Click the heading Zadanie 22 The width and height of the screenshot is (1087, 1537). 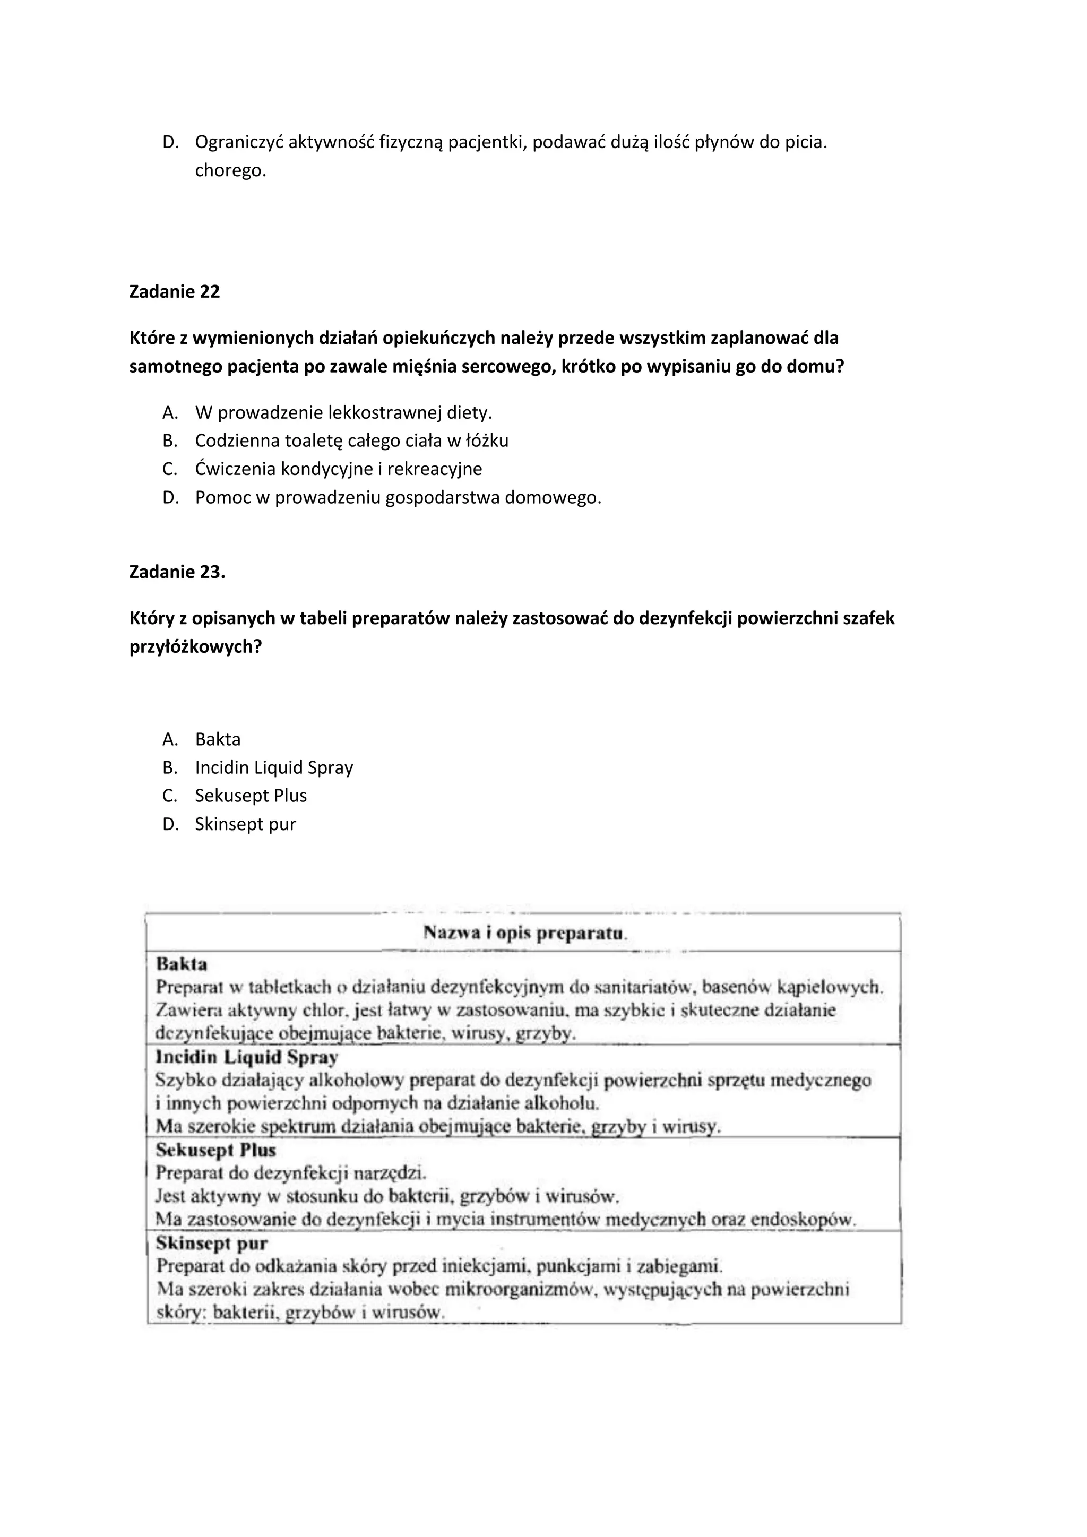(174, 292)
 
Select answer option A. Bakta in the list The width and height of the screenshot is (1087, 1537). (218, 739)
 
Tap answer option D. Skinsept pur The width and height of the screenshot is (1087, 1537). (245, 824)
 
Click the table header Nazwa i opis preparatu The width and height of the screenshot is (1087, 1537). (524, 932)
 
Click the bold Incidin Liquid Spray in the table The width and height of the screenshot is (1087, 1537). (246, 1057)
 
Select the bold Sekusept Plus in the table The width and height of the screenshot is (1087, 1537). (215, 1150)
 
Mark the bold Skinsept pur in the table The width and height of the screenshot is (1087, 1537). (212, 1243)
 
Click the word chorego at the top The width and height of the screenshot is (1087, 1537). (230, 171)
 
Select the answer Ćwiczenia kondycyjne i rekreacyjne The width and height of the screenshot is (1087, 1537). (338, 469)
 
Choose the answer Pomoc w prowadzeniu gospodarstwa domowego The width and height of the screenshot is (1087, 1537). (398, 497)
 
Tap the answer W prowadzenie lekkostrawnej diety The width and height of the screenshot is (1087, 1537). (343, 412)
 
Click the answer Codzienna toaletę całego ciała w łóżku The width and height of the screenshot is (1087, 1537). (351, 441)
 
